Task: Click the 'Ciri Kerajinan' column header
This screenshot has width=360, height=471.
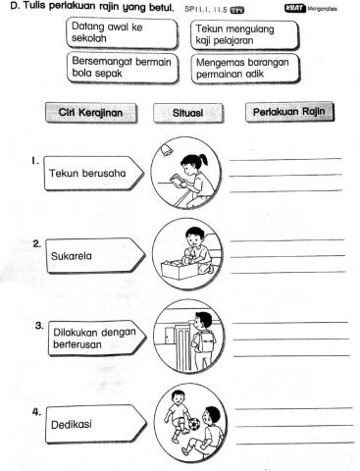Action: coord(94,113)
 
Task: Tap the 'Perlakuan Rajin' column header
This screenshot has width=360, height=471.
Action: coord(289,113)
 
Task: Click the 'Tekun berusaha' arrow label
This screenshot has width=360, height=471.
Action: coord(94,176)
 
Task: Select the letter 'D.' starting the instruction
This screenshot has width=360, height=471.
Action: coord(7,8)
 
